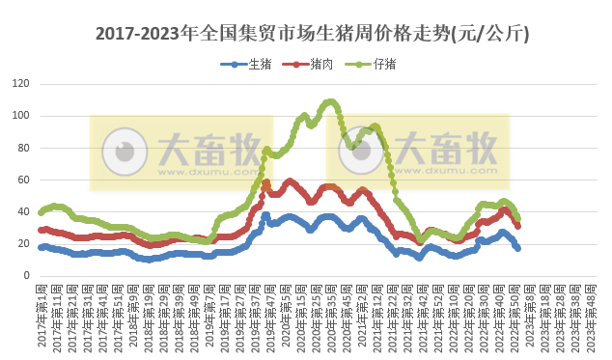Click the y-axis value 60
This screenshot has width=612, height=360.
21,180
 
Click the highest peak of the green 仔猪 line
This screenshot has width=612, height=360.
330,101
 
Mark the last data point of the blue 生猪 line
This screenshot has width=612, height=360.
518,248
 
